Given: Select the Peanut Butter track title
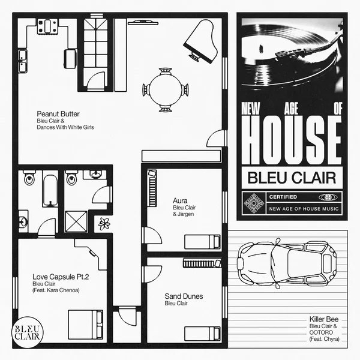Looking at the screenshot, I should click(58, 113).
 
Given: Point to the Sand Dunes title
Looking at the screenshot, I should click(184, 296).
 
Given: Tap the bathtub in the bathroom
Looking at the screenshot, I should click(49, 190).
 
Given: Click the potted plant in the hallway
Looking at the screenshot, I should click(106, 223).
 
